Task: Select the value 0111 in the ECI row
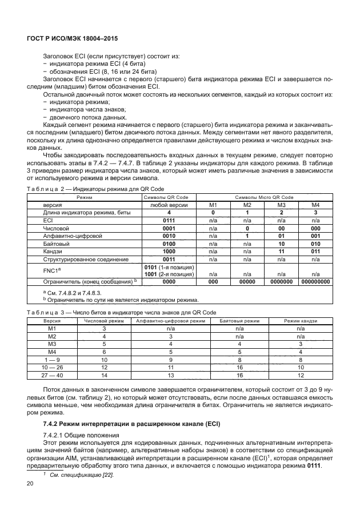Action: click(x=168, y=220)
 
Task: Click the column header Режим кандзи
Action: click(x=300, y=321)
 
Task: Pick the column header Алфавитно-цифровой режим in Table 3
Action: click(x=171, y=321)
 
